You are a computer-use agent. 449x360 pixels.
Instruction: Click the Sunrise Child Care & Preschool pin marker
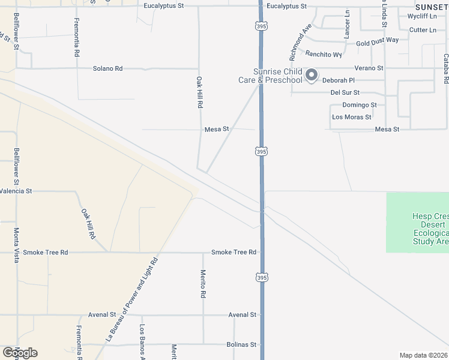click(311, 75)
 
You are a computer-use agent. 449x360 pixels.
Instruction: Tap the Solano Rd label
click(107, 68)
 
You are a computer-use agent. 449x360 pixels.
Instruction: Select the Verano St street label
click(370, 68)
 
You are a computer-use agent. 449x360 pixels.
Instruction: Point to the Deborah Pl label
click(339, 80)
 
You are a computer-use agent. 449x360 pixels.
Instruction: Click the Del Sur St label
click(345, 92)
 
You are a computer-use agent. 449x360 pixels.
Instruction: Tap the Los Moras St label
click(352, 117)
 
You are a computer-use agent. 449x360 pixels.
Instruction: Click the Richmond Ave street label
click(301, 43)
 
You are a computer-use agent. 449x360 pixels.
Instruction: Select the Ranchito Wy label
click(324, 54)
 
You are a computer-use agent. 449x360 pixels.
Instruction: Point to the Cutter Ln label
click(423, 30)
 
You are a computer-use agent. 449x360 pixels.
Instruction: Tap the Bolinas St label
click(242, 345)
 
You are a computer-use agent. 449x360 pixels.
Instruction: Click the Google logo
click(20, 353)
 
